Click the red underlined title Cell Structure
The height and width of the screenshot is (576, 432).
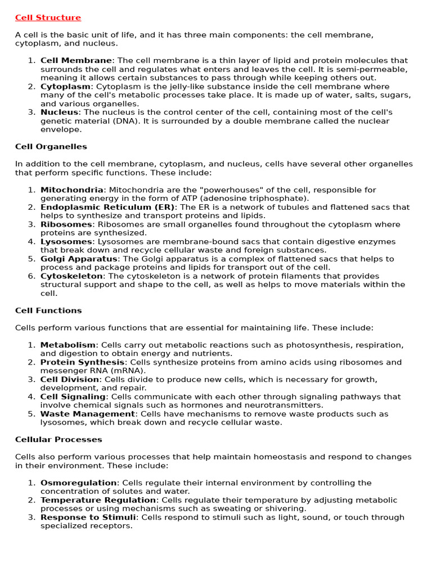48,17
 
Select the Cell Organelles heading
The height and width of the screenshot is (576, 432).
51,146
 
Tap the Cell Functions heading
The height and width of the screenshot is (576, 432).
48,310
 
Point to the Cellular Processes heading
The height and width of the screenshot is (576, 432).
58,439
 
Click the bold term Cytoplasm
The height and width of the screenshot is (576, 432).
65,87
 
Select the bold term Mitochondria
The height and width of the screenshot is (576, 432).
72,190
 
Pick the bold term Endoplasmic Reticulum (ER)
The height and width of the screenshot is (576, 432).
108,207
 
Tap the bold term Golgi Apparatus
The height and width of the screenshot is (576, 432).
79,259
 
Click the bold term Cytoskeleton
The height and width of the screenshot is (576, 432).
71,276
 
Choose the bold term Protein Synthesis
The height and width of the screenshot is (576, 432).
82,362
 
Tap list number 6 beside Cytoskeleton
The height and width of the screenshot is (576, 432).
31,276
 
